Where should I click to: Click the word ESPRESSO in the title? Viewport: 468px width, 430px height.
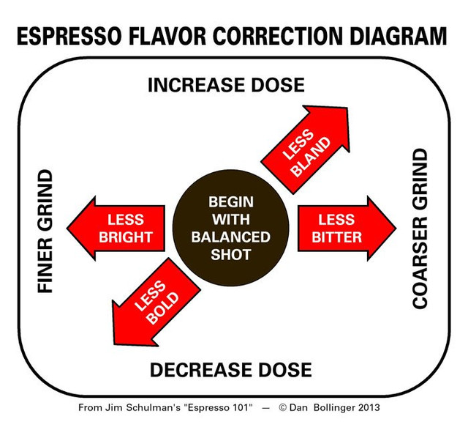coord(69,36)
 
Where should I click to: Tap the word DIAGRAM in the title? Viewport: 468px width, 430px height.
coord(398,36)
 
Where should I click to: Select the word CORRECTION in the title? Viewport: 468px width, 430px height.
coord(278,36)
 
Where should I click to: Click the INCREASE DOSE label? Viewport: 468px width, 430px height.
coord(226,85)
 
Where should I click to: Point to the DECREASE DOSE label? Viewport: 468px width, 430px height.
coord(231,370)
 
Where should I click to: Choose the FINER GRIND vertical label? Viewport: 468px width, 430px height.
coord(45,231)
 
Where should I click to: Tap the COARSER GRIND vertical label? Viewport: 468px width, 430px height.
coord(420,228)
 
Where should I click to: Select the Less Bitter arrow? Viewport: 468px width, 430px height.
coord(347,229)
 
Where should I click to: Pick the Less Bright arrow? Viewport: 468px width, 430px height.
coord(116,229)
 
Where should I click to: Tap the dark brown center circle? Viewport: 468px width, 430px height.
coord(231,228)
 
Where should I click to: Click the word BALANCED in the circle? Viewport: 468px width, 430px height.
coord(231,237)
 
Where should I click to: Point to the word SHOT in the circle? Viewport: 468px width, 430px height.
coord(231,255)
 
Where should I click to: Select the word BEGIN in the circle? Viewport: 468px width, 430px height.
coord(231,202)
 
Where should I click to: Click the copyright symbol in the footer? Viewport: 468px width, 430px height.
coord(282,407)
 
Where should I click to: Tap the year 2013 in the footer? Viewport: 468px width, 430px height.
coord(369,407)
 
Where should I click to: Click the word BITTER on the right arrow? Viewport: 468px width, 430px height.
coord(336,237)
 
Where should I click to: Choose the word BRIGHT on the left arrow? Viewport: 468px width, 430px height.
coord(126,237)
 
